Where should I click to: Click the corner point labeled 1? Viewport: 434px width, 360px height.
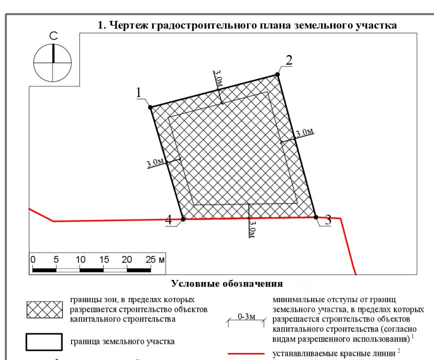[x=150, y=107]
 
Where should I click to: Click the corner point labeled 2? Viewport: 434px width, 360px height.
[x=277, y=75]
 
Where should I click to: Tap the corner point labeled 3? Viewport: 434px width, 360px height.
[x=315, y=217]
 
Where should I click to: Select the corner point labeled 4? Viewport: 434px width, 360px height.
[x=183, y=219]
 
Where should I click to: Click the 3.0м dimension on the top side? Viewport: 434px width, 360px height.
[x=218, y=78]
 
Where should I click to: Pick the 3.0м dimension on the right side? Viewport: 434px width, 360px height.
[x=304, y=133]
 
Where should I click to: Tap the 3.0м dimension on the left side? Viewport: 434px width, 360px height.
[x=155, y=162]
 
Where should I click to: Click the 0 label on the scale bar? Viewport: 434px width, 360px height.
[x=32, y=259]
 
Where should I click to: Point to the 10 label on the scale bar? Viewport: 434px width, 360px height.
[x=80, y=259]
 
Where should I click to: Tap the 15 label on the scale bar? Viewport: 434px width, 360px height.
[x=104, y=259]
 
